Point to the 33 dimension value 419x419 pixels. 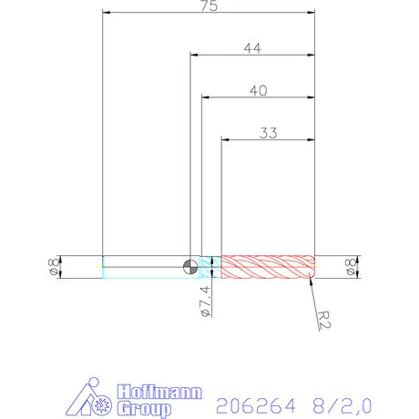[x=268, y=132]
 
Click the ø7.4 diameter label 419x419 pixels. [x=205, y=301]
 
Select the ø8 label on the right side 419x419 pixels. [x=348, y=266]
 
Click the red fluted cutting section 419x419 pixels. [x=269, y=266]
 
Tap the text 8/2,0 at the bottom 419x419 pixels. [x=342, y=402]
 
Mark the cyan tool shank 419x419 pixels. [x=146, y=266]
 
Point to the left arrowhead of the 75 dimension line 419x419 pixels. [x=107, y=13]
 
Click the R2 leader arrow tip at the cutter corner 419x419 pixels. [x=312, y=277]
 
